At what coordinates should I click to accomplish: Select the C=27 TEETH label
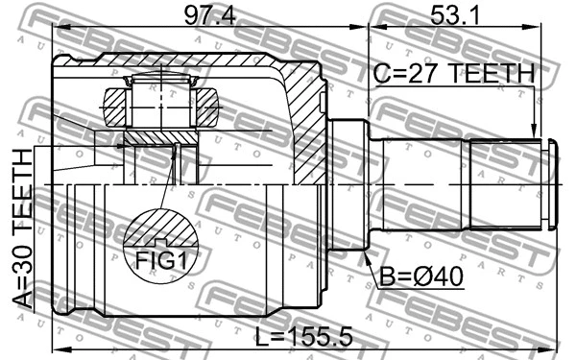[453, 73]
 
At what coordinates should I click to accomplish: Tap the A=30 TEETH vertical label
[21, 231]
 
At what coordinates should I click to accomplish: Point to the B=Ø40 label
[422, 276]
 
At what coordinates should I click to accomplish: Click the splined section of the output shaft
[504, 183]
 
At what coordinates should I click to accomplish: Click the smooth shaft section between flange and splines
[422, 183]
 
